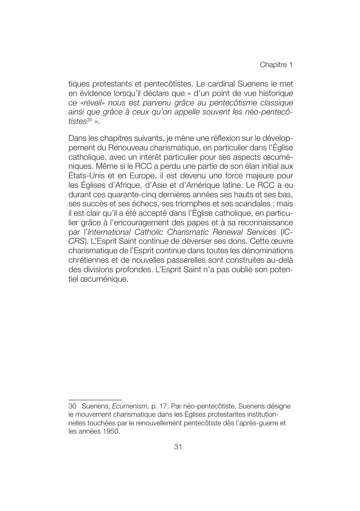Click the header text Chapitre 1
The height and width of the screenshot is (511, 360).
[276, 65]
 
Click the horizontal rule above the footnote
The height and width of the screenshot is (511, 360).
[95, 399]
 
